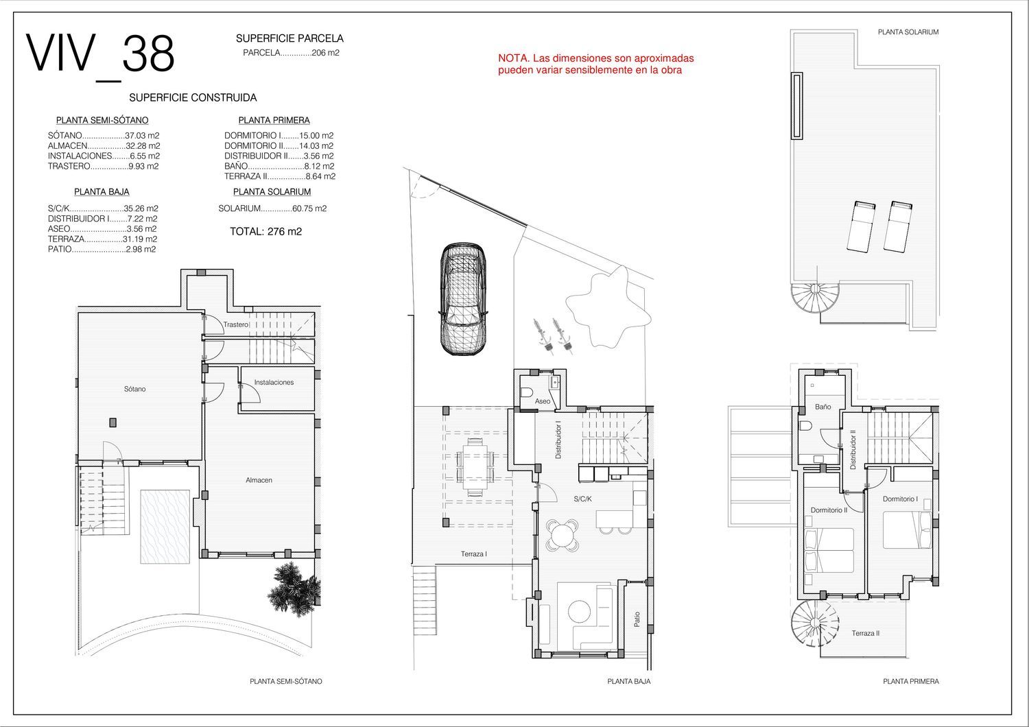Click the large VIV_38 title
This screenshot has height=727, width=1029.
coord(100,55)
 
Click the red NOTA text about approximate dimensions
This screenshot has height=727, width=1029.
coord(596,64)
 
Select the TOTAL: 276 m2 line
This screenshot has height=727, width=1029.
coord(266,231)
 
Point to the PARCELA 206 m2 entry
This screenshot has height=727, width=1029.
coord(292,53)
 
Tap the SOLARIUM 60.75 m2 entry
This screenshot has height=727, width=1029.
coord(272,208)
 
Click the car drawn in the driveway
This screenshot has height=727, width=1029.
coord(463,299)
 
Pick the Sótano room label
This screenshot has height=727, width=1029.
coord(134,389)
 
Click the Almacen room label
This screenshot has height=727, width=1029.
coord(259,480)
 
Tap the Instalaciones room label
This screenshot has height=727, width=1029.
coord(274,382)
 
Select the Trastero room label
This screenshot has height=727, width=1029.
coord(236,324)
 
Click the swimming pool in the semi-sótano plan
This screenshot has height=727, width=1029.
coord(165,526)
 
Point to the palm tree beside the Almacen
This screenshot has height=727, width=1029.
coord(294,586)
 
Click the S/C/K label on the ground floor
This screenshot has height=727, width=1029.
coord(582,499)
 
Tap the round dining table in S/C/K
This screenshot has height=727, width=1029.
coord(563,534)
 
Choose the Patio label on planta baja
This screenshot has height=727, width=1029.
coord(637,619)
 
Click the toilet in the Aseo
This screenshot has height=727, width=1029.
coord(528,392)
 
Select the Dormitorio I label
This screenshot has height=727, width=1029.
coord(900,499)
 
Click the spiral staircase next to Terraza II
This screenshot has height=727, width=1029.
coord(814,623)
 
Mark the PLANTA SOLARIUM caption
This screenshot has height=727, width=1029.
coord(908,32)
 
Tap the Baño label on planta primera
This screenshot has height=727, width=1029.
coord(823,407)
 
